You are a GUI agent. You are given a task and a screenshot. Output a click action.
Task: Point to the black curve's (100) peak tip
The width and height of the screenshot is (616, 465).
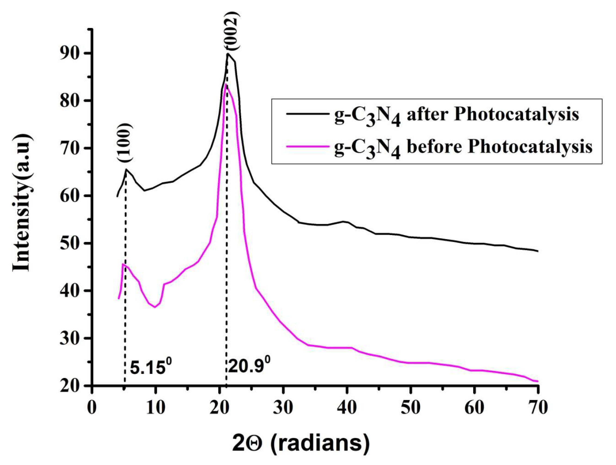coord(126,169)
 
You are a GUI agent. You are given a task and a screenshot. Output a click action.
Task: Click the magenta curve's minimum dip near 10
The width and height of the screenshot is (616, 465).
coord(155,307)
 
